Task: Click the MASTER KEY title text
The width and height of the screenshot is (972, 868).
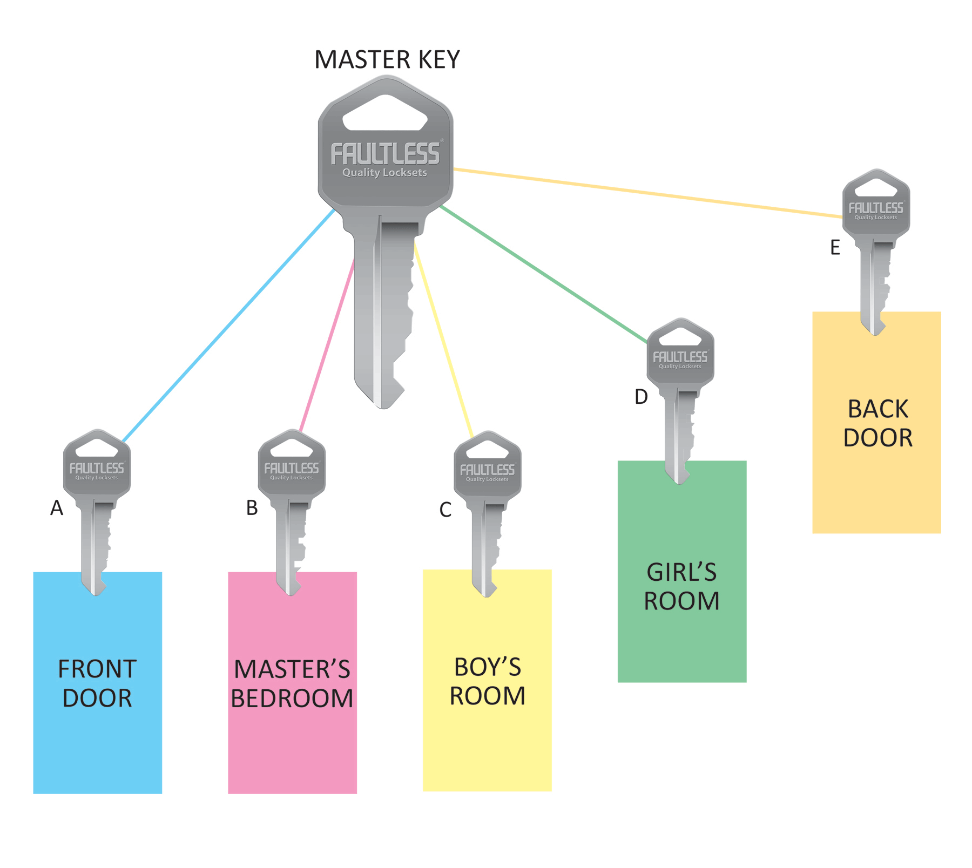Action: pyautogui.click(x=387, y=59)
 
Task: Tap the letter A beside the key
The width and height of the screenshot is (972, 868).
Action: pyautogui.click(x=57, y=508)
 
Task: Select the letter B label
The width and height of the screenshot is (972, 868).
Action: pyautogui.click(x=252, y=508)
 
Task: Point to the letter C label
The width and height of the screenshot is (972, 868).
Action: pyautogui.click(x=445, y=510)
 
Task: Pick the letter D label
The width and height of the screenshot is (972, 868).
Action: pyautogui.click(x=641, y=397)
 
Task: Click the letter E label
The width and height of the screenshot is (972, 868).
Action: pyautogui.click(x=835, y=248)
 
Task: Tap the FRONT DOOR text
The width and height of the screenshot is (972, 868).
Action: pyautogui.click(x=97, y=683)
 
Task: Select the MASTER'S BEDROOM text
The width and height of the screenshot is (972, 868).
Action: pyautogui.click(x=292, y=683)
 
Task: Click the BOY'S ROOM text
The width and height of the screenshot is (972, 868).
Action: pyautogui.click(x=487, y=681)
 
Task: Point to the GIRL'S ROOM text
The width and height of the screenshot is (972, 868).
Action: pyautogui.click(x=681, y=586)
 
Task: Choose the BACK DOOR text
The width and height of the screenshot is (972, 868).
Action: pyautogui.click(x=878, y=423)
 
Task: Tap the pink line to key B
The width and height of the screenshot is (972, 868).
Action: pyautogui.click(x=327, y=345)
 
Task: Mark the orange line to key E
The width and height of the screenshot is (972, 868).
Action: pyautogui.click(x=648, y=193)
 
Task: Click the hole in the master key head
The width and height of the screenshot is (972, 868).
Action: pyautogui.click(x=385, y=113)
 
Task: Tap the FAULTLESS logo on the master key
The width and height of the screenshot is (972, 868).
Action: pyautogui.click(x=385, y=154)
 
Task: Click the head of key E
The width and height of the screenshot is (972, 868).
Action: pyautogui.click(x=876, y=202)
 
